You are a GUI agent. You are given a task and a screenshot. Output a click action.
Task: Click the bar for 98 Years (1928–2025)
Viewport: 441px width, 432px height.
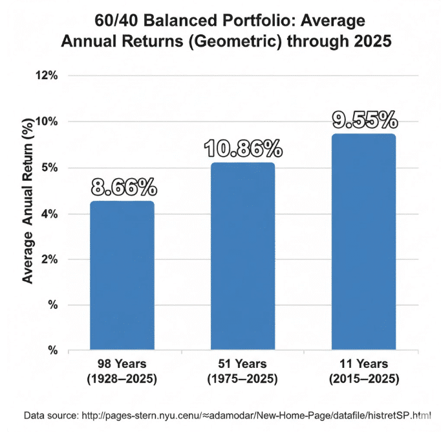pyautogui.click(x=122, y=275)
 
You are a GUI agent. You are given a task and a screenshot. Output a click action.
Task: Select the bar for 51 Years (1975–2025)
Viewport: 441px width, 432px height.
pyautogui.click(x=242, y=256)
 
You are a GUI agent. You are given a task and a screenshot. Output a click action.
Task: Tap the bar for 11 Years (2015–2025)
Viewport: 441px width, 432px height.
pyautogui.click(x=363, y=242)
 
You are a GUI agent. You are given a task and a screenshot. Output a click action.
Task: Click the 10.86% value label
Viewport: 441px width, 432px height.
pyautogui.click(x=243, y=149)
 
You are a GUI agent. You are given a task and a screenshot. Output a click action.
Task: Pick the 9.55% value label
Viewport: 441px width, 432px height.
pyautogui.click(x=364, y=120)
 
